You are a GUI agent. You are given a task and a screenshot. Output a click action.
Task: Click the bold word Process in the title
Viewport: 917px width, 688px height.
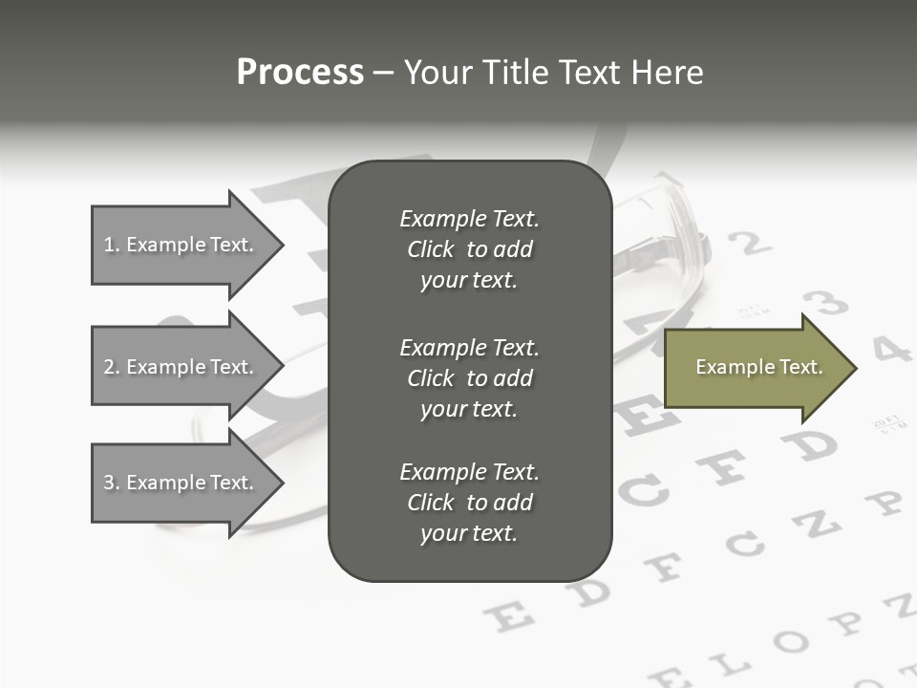(300, 73)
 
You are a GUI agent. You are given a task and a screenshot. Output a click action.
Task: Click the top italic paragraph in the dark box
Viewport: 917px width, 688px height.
(469, 249)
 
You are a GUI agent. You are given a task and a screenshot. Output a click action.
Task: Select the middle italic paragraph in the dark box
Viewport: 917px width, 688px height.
(469, 378)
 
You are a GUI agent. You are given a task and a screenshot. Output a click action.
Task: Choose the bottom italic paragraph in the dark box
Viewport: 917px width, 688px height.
(469, 503)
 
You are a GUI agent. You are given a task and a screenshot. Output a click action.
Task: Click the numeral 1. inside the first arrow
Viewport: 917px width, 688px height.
(112, 245)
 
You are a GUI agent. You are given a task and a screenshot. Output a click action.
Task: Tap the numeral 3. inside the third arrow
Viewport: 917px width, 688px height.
(112, 483)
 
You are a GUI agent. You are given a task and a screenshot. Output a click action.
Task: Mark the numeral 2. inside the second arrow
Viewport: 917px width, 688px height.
(112, 367)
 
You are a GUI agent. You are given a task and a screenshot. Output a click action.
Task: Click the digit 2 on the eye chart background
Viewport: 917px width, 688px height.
(755, 244)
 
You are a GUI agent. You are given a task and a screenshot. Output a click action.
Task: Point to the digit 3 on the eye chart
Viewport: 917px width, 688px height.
(829, 304)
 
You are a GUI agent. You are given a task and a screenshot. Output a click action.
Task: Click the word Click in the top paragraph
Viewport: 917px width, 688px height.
(431, 249)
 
